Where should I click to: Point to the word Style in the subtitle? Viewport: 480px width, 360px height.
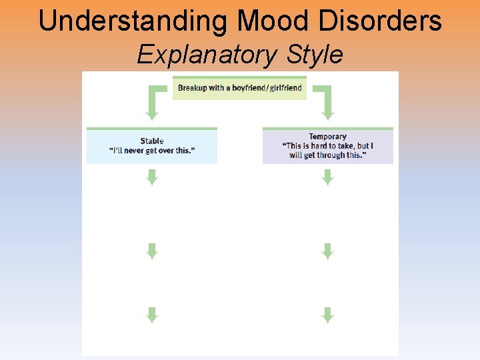[315, 54]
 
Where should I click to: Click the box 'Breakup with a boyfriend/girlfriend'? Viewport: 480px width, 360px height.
[239, 88]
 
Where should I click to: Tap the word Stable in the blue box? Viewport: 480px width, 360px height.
[152, 141]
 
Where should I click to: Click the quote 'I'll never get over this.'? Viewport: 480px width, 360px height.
[152, 151]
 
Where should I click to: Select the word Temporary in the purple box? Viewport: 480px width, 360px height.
[327, 137]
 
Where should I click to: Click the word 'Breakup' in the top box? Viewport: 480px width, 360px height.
[192, 88]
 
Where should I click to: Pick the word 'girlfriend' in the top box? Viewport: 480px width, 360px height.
[284, 88]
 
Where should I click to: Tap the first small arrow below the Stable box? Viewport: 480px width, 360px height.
[152, 177]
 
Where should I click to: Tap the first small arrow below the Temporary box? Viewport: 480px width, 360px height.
[327, 177]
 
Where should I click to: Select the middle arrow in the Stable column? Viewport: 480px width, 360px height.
[152, 251]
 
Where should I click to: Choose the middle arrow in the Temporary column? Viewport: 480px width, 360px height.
[327, 251]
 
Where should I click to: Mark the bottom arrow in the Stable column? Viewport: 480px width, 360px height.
[152, 315]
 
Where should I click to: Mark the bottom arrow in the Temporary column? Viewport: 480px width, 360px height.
[327, 315]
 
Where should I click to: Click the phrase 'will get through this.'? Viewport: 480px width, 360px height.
[327, 155]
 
